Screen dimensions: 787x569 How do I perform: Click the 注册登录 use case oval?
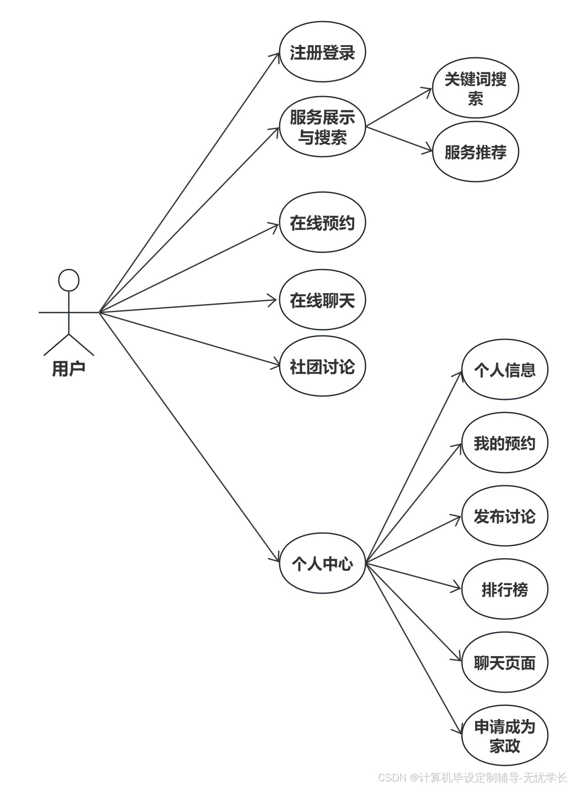point(322,52)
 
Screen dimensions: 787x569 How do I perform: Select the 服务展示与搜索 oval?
point(322,127)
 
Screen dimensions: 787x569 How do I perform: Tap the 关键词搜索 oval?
point(475,88)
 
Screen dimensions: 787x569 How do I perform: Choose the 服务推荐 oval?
point(475,152)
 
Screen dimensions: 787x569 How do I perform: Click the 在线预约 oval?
point(322,223)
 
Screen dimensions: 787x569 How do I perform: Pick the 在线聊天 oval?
point(322,300)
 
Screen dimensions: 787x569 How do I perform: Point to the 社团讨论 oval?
point(322,366)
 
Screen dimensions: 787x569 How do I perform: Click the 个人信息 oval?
point(504,369)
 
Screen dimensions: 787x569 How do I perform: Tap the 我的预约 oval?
point(504,443)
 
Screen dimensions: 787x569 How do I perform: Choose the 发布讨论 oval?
point(504,516)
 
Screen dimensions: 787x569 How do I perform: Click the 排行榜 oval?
point(504,589)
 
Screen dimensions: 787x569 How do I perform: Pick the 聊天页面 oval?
point(504,663)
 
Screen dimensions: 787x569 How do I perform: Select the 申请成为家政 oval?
point(504,736)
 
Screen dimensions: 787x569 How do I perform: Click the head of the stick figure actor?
point(69,280)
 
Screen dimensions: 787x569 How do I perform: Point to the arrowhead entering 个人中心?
point(277,559)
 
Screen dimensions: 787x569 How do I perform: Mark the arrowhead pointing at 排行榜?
point(458,588)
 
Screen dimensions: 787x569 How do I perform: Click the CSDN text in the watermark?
point(392,777)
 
